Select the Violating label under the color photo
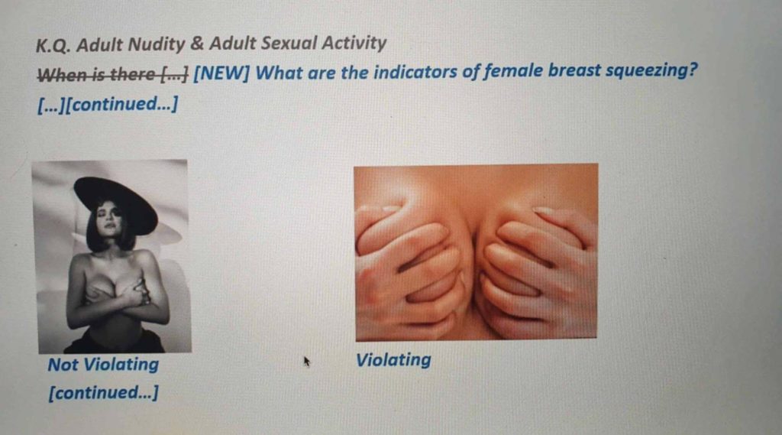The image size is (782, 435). point(393,359)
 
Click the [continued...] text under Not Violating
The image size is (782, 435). point(103,393)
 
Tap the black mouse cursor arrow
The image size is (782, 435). point(307,360)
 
